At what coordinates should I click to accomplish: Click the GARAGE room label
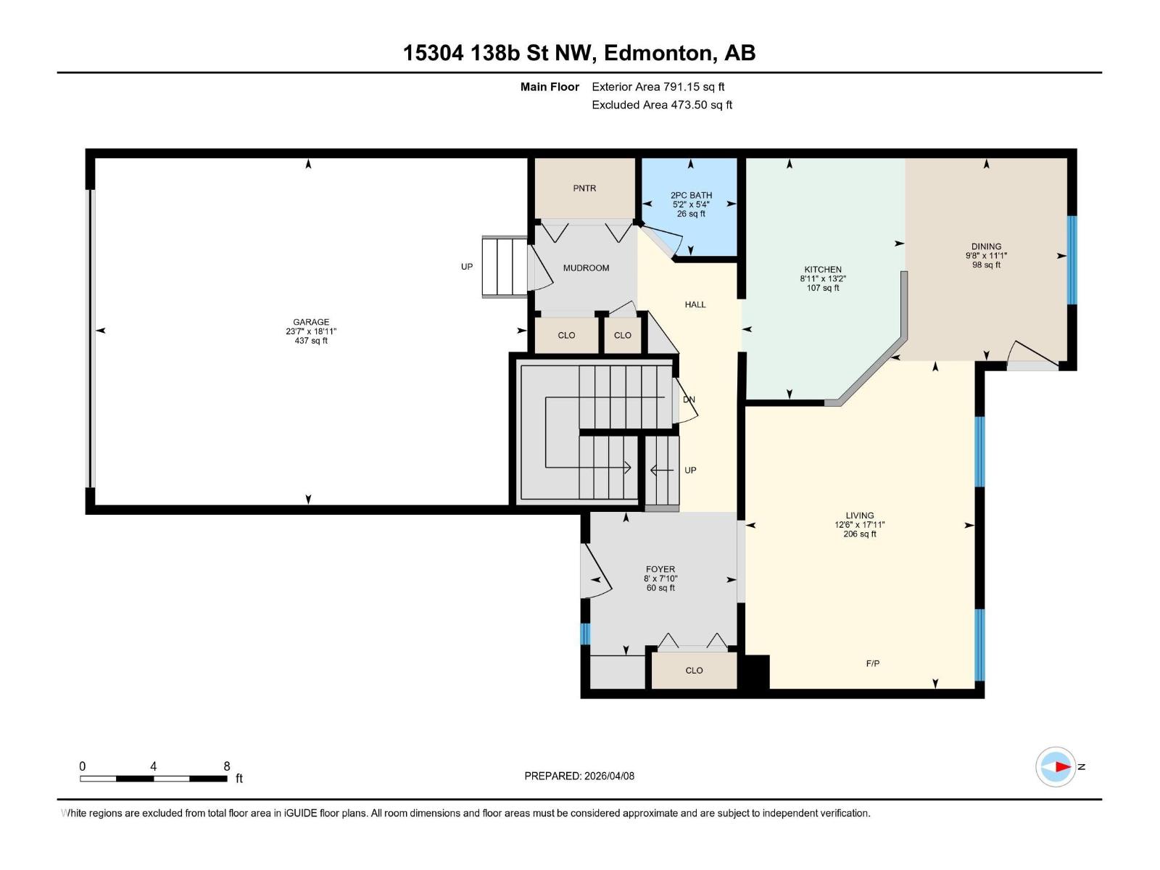pyautogui.click(x=311, y=322)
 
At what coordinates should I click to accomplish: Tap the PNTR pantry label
pyautogui.click(x=584, y=188)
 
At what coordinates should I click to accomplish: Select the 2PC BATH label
pyautogui.click(x=691, y=195)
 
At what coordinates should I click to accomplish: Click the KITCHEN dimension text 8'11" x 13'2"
pyautogui.click(x=823, y=278)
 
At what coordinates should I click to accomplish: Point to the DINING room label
pyautogui.click(x=986, y=246)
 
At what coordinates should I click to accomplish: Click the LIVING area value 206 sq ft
pyautogui.click(x=860, y=534)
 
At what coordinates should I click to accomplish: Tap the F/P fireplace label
pyautogui.click(x=873, y=663)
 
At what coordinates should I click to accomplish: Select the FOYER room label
pyautogui.click(x=660, y=569)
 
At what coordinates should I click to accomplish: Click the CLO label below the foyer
pyautogui.click(x=694, y=671)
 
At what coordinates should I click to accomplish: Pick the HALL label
pyautogui.click(x=695, y=304)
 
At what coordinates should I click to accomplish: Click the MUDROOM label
pyautogui.click(x=586, y=268)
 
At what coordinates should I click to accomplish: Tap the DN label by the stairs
pyautogui.click(x=689, y=399)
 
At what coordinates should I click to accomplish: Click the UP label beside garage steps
pyautogui.click(x=467, y=267)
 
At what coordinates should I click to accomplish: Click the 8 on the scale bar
pyautogui.click(x=227, y=766)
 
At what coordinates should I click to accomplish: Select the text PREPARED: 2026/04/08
pyautogui.click(x=579, y=776)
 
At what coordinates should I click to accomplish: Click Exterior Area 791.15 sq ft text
pyautogui.click(x=658, y=87)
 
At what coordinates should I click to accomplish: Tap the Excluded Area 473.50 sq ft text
pyautogui.click(x=661, y=105)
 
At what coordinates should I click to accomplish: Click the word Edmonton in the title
pyautogui.click(x=657, y=53)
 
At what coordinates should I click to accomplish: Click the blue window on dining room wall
pyautogui.click(x=1072, y=260)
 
